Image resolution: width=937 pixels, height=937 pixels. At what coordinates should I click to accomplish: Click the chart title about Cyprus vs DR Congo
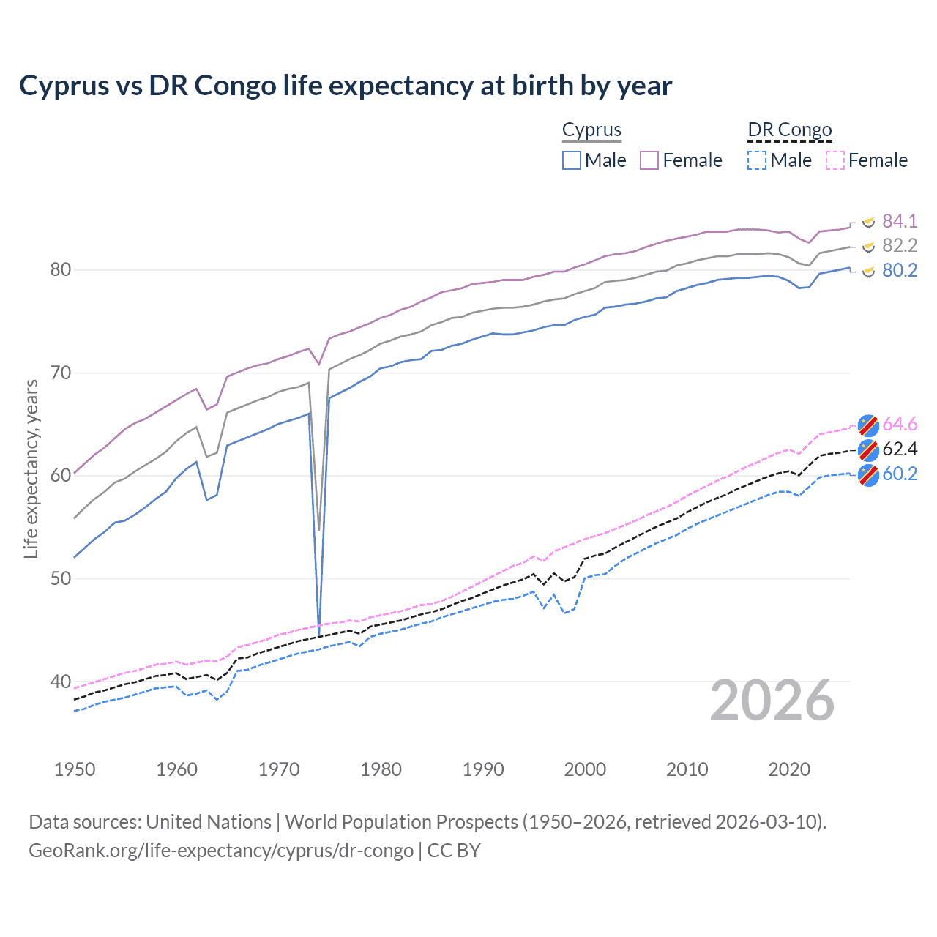tap(345, 86)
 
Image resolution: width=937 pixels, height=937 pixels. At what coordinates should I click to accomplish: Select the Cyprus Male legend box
tap(572, 160)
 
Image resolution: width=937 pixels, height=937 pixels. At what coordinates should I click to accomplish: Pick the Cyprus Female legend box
tap(649, 160)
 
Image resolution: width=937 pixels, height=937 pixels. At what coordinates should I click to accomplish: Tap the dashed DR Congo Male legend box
tap(757, 160)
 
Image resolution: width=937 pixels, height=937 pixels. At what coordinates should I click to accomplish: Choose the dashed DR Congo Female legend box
tap(835, 160)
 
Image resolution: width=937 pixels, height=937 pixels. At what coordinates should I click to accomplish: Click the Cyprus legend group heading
tap(591, 130)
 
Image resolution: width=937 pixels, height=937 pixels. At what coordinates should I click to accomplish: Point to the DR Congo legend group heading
tap(790, 130)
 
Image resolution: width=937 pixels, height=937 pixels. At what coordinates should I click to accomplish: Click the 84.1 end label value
tap(900, 221)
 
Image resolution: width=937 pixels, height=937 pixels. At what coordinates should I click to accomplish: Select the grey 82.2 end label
tap(900, 246)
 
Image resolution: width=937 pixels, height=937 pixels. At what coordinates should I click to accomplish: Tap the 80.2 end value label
tap(900, 271)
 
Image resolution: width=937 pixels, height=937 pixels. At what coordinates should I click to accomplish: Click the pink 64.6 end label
tap(900, 425)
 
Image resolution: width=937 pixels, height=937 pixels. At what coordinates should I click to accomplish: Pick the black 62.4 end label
tap(900, 449)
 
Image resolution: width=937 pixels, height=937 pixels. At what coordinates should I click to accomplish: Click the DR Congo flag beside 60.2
tap(868, 474)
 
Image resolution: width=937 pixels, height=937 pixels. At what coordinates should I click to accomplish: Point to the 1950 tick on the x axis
tap(75, 769)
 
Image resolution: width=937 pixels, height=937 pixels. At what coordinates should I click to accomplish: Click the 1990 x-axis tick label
tap(483, 769)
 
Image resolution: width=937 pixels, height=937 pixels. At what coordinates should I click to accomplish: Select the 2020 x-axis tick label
tap(789, 769)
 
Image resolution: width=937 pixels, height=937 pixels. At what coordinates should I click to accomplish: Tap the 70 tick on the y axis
tap(60, 373)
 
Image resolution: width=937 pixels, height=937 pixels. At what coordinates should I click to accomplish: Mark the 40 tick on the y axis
tap(60, 682)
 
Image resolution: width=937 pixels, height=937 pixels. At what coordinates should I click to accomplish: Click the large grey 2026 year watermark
tap(772, 701)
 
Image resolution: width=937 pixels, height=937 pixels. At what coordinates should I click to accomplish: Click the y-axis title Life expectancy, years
tap(31, 468)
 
